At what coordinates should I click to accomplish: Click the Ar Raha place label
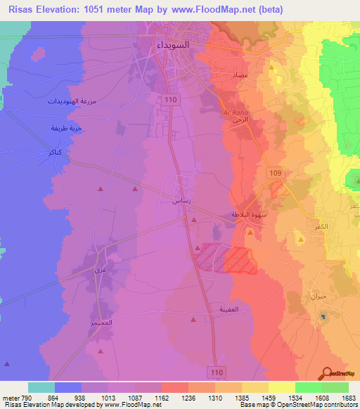tap(232, 112)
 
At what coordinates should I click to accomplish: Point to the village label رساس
tap(180, 200)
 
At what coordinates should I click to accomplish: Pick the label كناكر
tap(51, 152)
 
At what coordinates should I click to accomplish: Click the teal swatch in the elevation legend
tap(41, 387)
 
